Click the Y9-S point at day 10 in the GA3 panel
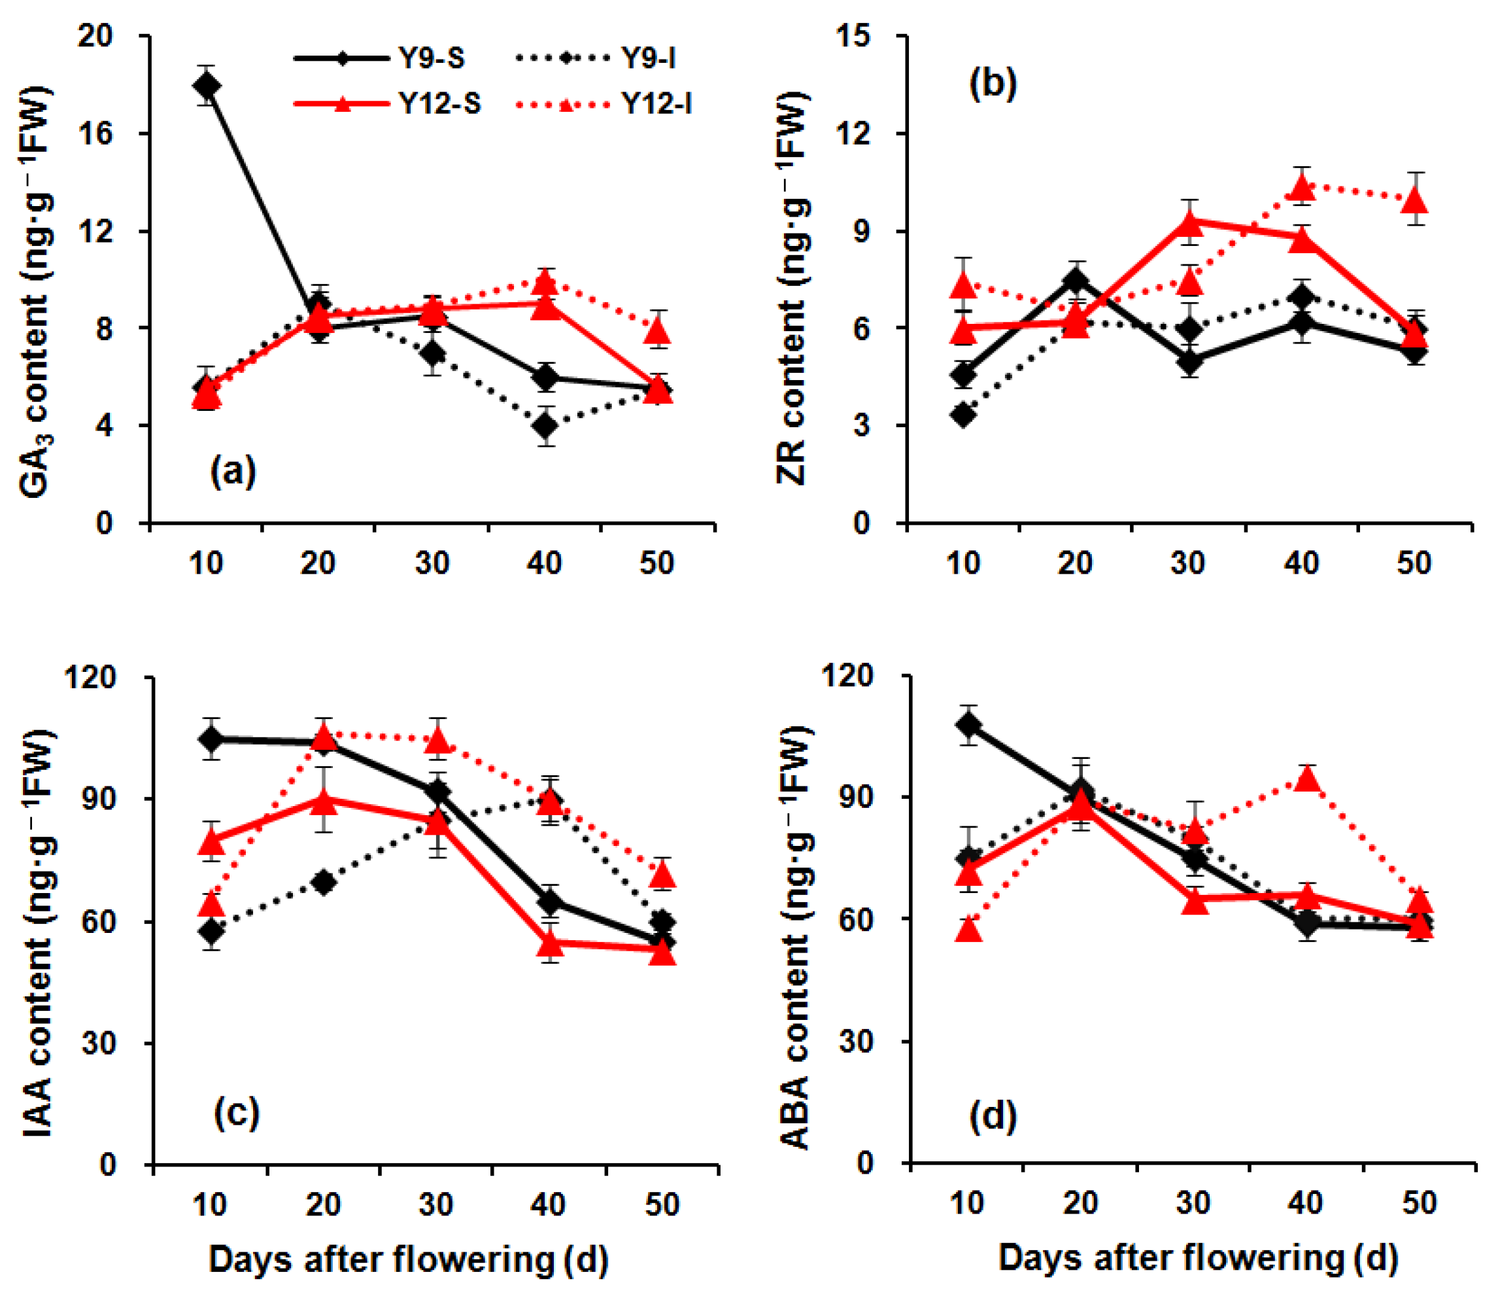click(x=207, y=86)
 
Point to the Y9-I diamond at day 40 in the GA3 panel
click(x=546, y=426)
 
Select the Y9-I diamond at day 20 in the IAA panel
click(x=324, y=882)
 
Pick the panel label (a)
click(x=233, y=472)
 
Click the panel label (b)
click(x=993, y=82)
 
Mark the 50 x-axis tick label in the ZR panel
click(x=1414, y=563)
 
